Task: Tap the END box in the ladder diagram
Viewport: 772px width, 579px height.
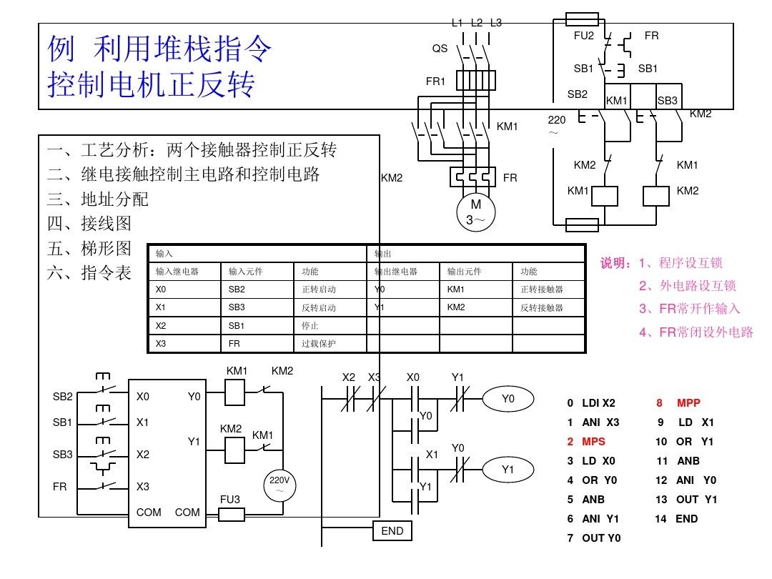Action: (x=392, y=531)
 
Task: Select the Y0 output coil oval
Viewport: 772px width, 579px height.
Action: (x=508, y=400)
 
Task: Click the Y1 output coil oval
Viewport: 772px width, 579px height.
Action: (x=508, y=470)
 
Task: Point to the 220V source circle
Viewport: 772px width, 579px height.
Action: (x=279, y=485)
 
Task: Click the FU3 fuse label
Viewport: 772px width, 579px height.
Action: (x=230, y=500)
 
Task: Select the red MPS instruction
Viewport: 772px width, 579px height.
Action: (x=593, y=442)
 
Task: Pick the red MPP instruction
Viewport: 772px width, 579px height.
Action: (x=688, y=403)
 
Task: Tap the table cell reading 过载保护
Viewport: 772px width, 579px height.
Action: (x=319, y=344)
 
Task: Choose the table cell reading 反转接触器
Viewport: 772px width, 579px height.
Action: (x=541, y=307)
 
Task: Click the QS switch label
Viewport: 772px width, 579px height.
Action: (x=440, y=49)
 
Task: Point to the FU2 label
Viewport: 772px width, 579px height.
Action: (x=584, y=35)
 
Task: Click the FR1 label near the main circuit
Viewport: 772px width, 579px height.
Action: (x=435, y=81)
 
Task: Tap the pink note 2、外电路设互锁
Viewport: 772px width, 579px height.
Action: (x=688, y=286)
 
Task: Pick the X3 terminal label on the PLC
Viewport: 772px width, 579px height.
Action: (x=143, y=487)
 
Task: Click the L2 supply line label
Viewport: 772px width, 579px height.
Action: (x=477, y=22)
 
